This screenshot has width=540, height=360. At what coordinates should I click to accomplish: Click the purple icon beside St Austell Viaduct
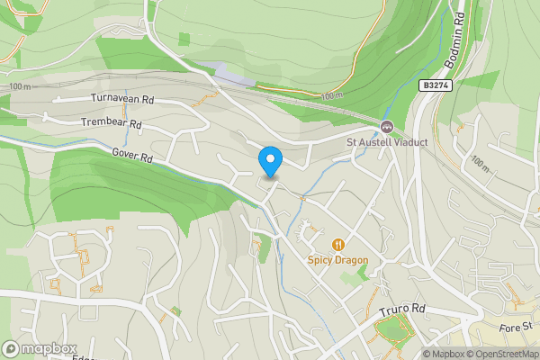(387, 126)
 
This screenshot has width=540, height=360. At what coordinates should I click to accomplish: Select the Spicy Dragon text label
(338, 260)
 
